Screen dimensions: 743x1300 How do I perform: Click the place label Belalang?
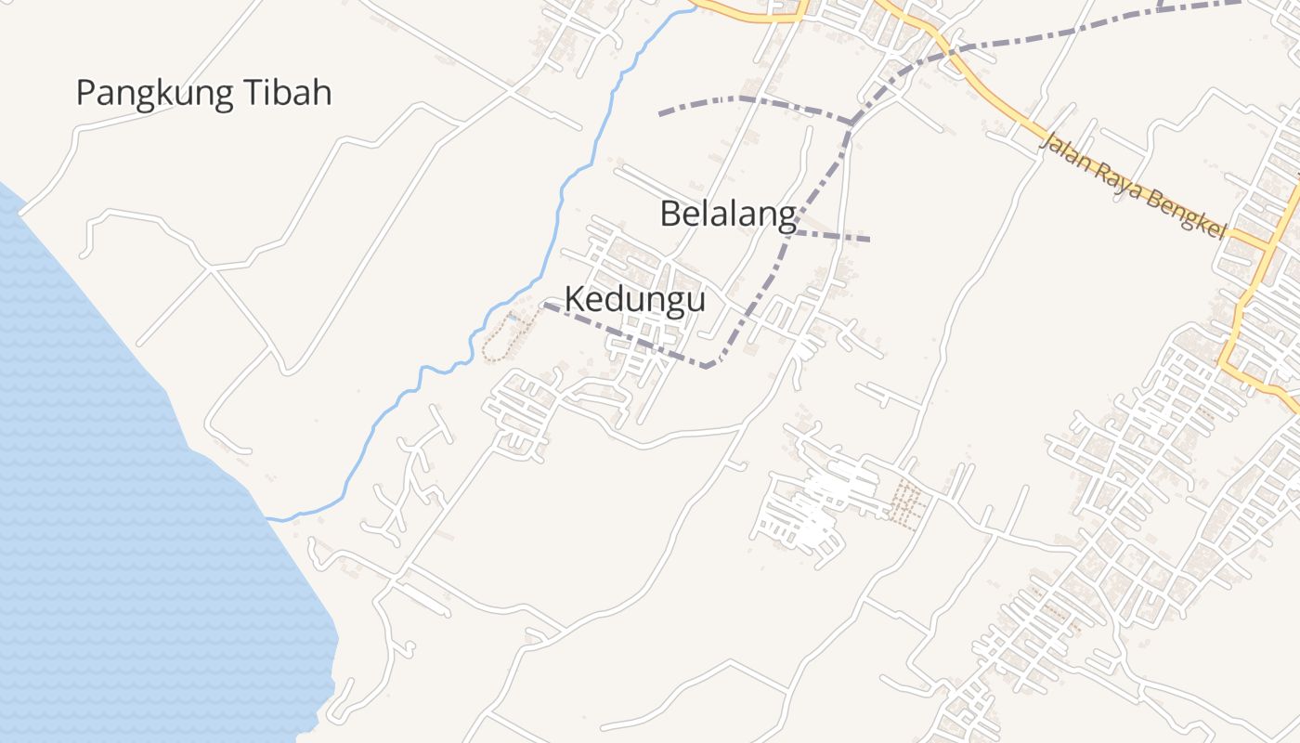pyautogui.click(x=728, y=215)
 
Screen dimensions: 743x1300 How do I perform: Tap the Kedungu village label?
pyautogui.click(x=635, y=300)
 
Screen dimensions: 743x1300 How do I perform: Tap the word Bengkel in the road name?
pyautogui.click(x=1181, y=216)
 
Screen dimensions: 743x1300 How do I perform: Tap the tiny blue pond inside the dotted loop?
pyautogui.click(x=510, y=319)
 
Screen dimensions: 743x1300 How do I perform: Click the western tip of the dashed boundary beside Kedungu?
pyautogui.click(x=545, y=305)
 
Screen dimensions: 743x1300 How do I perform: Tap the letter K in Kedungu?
pyautogui.click(x=576, y=300)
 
